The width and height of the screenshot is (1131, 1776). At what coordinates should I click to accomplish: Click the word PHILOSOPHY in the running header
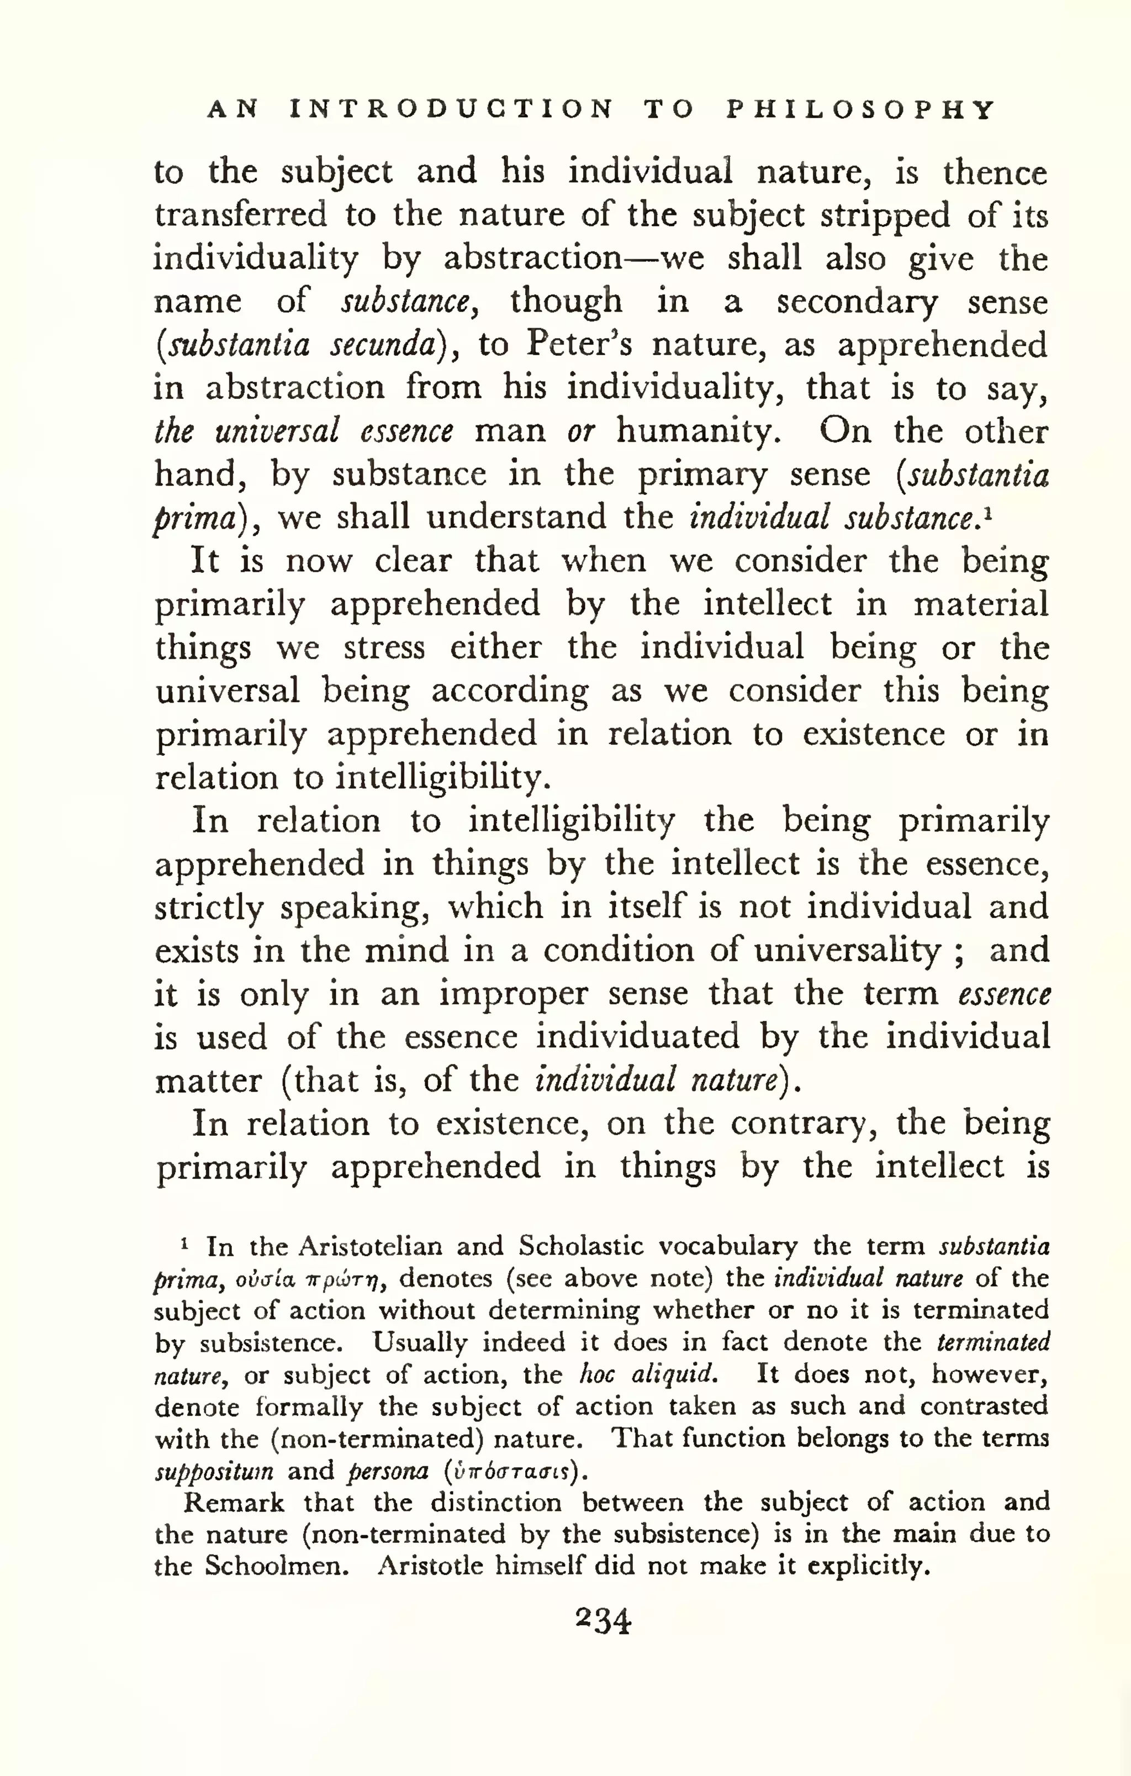pos(861,110)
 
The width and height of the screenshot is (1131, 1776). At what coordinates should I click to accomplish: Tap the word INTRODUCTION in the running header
pos(451,110)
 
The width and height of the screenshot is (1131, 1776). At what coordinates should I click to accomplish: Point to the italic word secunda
pos(383,345)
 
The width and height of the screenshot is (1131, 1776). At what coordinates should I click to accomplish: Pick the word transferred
pos(240,215)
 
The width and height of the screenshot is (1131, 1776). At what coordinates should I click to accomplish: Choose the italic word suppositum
pos(214,1471)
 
